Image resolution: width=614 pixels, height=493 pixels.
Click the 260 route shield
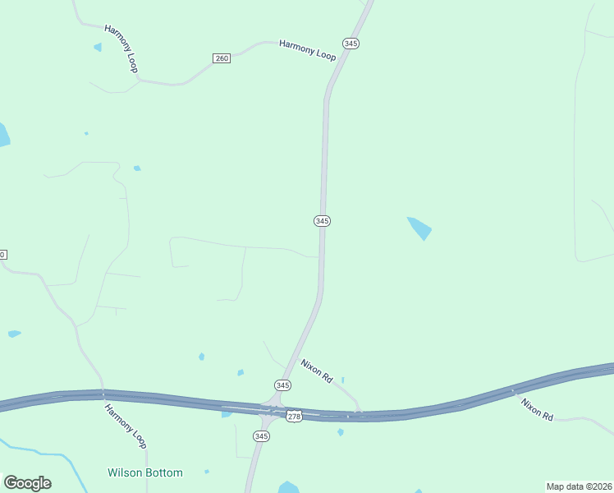[x=221, y=58]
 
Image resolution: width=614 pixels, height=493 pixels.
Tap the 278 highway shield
[x=295, y=417]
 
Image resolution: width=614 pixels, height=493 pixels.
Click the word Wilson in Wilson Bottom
[x=124, y=472]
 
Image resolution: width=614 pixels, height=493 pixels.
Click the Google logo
[x=27, y=483]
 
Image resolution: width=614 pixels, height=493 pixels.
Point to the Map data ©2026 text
[x=579, y=486]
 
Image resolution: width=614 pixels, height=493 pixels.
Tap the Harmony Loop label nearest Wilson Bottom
[x=126, y=426]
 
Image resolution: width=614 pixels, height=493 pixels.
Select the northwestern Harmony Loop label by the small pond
[x=121, y=48]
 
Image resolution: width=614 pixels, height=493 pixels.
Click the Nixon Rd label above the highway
[x=316, y=371]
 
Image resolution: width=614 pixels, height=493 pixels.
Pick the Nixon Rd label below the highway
[x=537, y=408]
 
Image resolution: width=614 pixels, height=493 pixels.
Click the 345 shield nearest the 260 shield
[x=351, y=43]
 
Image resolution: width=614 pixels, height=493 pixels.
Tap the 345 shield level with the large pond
[x=322, y=221]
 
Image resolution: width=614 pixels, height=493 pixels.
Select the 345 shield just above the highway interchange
[x=282, y=385]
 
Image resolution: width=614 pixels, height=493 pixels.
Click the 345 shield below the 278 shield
[x=264, y=435]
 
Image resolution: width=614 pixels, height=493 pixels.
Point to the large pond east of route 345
[x=419, y=228]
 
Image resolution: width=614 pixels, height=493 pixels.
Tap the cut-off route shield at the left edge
[x=2, y=255]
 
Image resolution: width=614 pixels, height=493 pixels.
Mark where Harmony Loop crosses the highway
[x=103, y=394]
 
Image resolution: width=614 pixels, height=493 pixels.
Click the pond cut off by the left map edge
[x=3, y=136]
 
